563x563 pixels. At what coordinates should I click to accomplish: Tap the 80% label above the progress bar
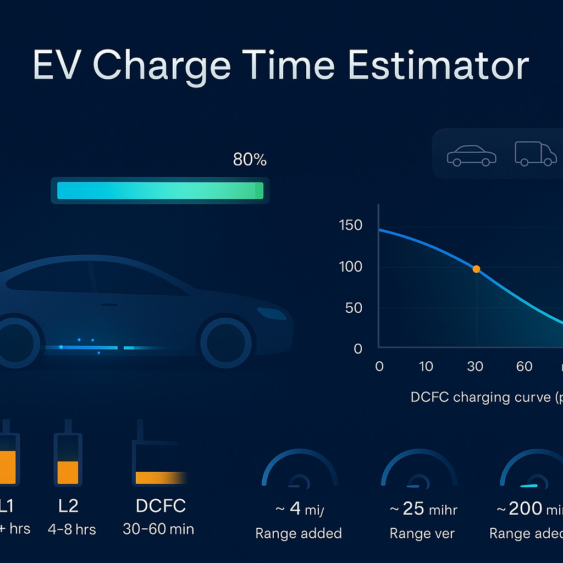250,160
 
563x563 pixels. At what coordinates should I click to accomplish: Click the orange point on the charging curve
476,269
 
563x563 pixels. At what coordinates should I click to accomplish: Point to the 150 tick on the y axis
351,225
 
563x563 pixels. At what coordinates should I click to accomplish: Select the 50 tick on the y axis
354,308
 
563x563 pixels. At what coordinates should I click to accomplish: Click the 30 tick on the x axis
475,367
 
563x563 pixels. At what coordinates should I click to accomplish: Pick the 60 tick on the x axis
524,367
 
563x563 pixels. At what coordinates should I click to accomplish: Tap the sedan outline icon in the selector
471,156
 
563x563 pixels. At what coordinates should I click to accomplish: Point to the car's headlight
272,313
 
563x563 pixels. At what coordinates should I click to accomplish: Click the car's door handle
109,304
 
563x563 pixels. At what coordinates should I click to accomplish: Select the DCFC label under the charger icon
161,506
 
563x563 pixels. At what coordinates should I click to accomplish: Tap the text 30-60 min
158,529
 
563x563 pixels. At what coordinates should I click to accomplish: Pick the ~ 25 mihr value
423,510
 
